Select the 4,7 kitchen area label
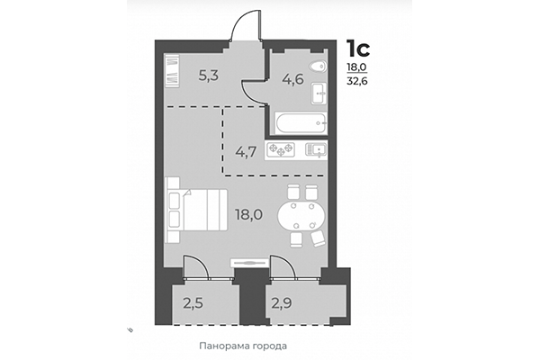[x=247, y=150]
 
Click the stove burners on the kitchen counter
[x=284, y=150]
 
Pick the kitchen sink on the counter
[x=315, y=150]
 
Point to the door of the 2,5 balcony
[x=194, y=271]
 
